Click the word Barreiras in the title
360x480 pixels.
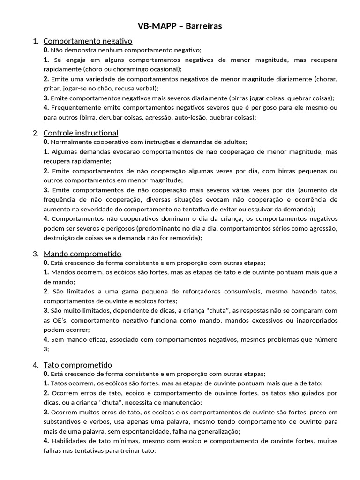tap(204, 26)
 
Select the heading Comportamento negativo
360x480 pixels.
tap(88, 41)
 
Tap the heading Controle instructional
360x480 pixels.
tap(81, 133)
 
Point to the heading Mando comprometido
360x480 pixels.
tap(82, 254)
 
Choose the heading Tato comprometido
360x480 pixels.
tap(77, 365)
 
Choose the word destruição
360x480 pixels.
tap(60, 238)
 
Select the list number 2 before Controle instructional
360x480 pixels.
tap(36, 133)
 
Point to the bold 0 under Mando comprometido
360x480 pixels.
tap(46, 263)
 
